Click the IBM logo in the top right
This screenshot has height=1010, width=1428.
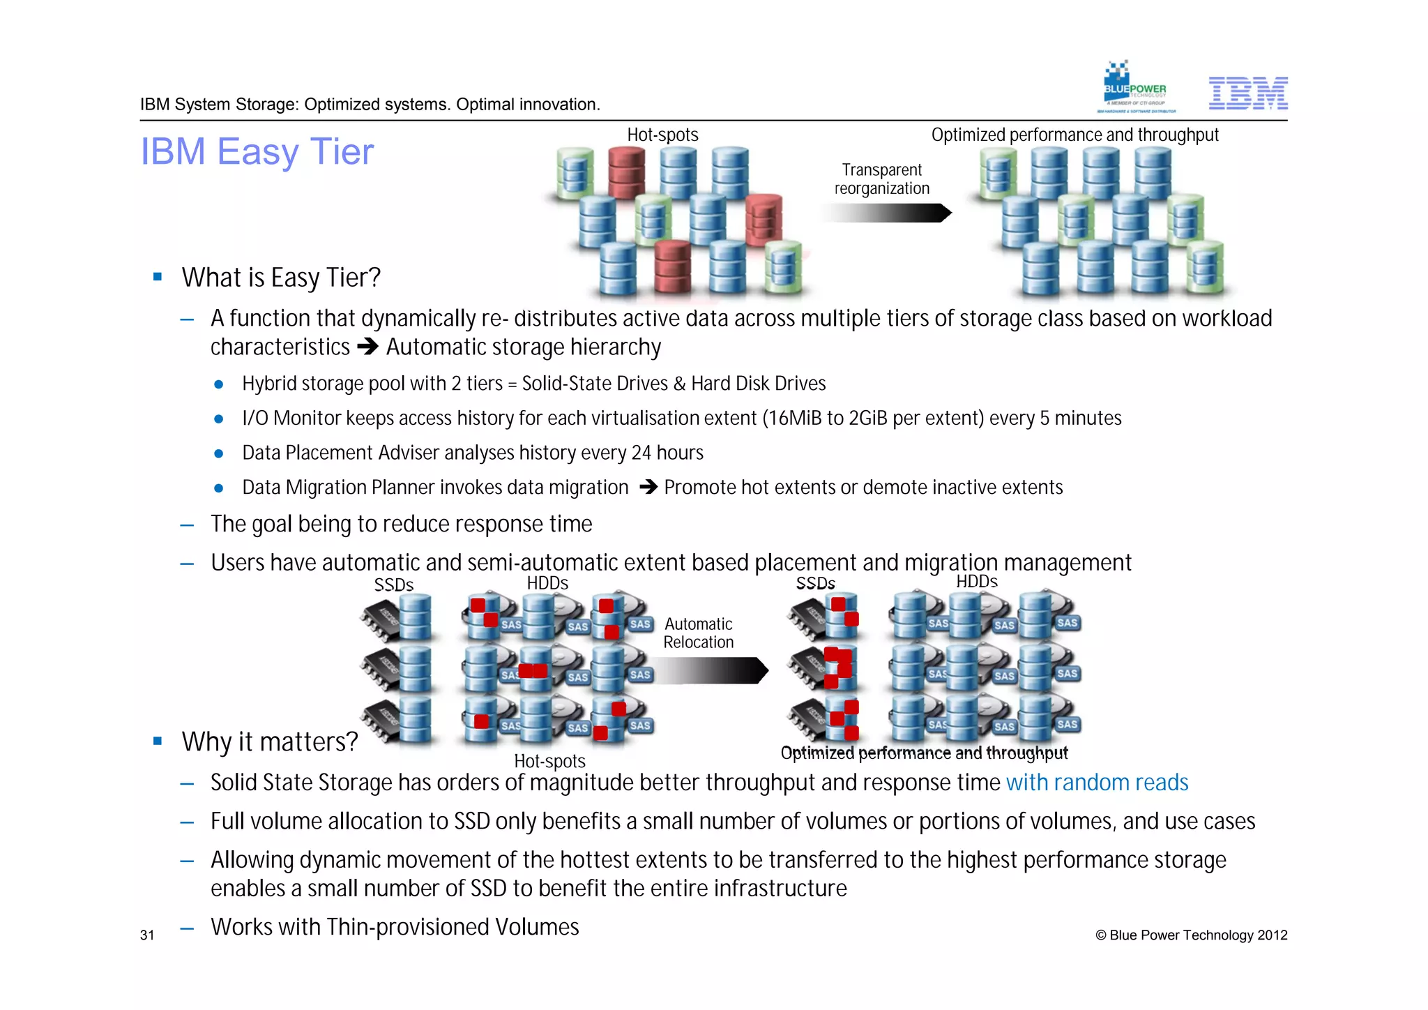[1247, 93]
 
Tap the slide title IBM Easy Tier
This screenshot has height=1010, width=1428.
[257, 151]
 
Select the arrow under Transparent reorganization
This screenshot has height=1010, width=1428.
[886, 213]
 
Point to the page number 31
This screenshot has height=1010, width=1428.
[147, 935]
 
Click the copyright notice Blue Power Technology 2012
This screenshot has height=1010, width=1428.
[1191, 935]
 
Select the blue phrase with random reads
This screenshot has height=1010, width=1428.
[1097, 783]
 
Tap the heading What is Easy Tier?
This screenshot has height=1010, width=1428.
[281, 278]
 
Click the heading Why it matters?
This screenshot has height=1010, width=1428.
[270, 741]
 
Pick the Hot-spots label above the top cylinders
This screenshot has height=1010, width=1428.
[662, 135]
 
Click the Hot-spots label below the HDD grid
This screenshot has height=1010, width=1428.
[549, 761]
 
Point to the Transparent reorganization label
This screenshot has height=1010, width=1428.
[882, 179]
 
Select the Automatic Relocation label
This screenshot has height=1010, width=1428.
[699, 633]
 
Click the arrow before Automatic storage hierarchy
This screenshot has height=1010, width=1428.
[367, 347]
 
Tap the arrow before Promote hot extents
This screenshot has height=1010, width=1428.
[648, 487]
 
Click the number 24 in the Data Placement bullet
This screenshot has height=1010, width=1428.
[641, 453]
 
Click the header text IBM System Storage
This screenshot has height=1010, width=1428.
[219, 105]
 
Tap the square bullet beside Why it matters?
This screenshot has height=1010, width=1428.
[158, 741]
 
